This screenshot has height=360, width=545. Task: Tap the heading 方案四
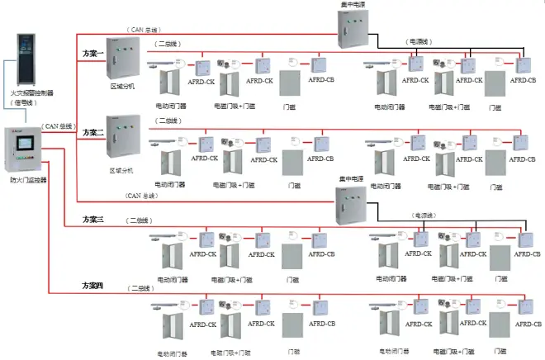pos(92,286)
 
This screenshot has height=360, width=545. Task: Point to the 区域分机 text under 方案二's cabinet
pos(121,170)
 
